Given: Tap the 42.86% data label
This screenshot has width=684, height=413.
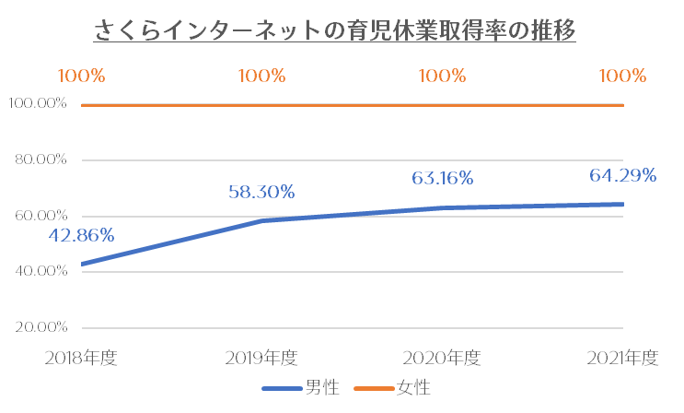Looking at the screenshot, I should coord(81,235).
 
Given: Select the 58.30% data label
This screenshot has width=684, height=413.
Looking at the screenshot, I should coord(261,192).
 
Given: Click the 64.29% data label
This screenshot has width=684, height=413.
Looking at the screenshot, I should coord(623,173).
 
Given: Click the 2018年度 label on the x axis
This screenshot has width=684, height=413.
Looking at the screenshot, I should coord(81,358).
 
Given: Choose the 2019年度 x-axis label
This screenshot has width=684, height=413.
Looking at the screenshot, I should coord(261,358).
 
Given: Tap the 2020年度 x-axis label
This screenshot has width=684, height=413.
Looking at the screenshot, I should coord(442,358).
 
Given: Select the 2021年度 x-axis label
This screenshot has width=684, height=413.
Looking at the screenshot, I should coord(622,358).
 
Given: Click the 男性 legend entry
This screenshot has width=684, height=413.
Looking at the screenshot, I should coord(304,388).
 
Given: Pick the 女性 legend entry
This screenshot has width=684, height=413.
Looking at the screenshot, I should coord(398,388).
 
